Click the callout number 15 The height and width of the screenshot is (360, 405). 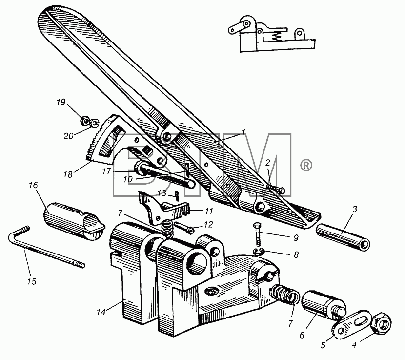pos(32,281)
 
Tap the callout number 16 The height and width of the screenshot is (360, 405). pos(33,185)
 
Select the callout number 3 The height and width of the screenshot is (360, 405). pos(355,209)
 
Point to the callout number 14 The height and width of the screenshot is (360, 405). pos(101,312)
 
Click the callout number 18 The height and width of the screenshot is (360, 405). pos(68,174)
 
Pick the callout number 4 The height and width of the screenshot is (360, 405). pos(354,344)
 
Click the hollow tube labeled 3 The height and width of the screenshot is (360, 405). pos(343,236)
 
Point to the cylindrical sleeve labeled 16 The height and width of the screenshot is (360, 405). pos(74,221)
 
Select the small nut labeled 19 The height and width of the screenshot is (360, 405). pos(85,120)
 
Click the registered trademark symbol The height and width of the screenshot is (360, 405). pos(306,165)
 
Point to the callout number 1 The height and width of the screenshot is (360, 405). pos(243,132)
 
